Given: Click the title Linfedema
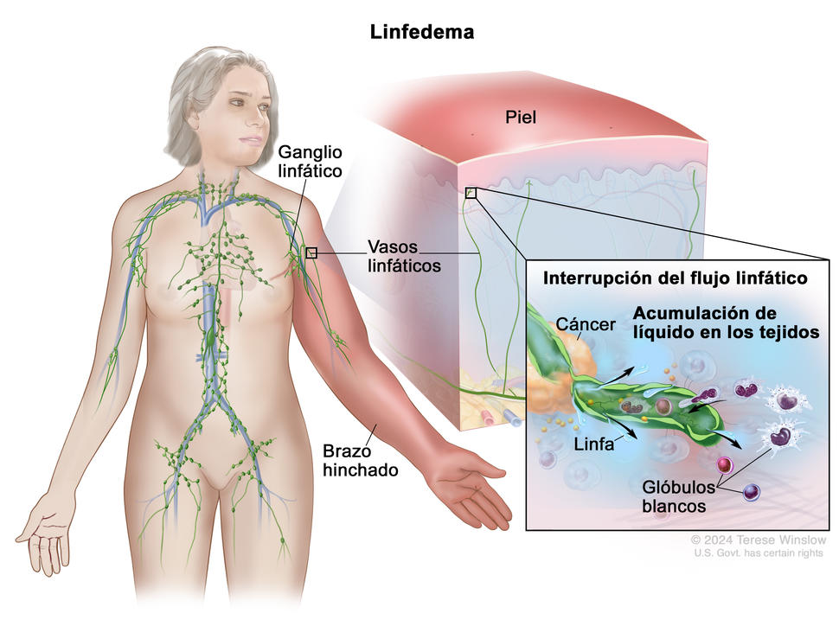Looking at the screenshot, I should pos(422,32).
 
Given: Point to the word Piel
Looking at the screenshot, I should pos(521,118).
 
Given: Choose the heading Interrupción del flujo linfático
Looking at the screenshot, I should pos(675,278).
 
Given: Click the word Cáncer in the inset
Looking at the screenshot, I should pos(586,324).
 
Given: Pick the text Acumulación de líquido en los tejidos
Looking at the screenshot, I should pos(725,322).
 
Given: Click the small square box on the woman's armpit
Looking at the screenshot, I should pos(311,252).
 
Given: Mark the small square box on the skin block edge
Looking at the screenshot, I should pos(471,193).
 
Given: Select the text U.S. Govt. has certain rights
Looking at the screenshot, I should pos(758,553).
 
